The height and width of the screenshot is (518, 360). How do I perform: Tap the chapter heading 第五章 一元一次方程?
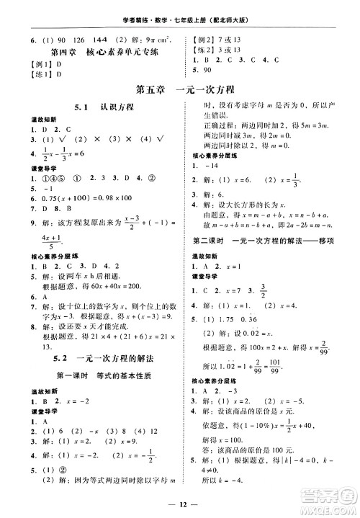pos(180,90)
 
